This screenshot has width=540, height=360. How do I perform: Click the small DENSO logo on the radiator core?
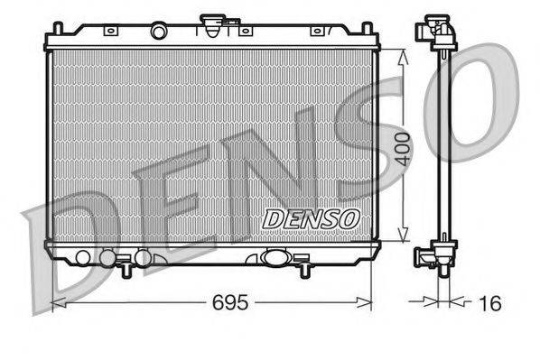[310, 217]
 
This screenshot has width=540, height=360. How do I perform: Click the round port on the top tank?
[158, 32]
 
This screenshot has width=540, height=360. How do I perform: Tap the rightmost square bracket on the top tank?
[316, 32]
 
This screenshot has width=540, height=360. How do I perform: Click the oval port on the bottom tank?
[273, 258]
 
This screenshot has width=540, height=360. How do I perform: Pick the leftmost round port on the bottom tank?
[83, 258]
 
